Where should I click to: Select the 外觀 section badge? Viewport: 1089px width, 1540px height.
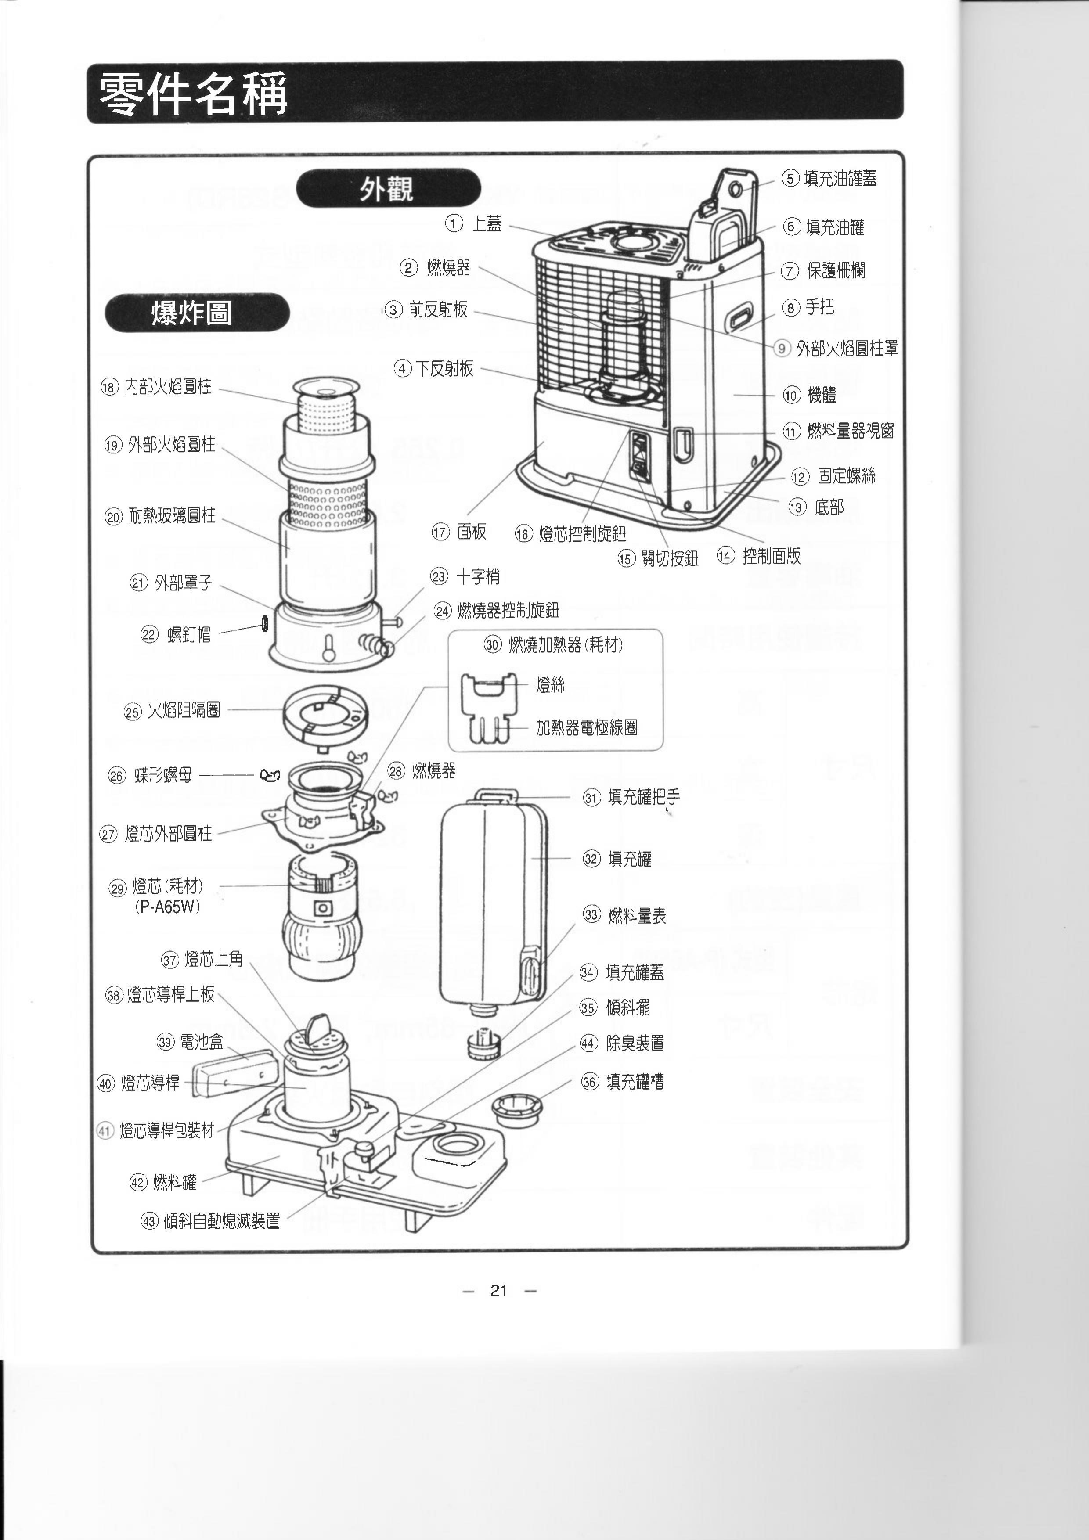point(388,188)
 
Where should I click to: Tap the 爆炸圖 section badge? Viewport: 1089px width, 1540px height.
point(197,313)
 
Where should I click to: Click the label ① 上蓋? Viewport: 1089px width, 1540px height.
point(474,223)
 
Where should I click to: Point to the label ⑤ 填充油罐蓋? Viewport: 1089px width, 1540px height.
point(830,178)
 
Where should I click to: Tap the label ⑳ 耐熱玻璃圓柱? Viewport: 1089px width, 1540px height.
point(160,516)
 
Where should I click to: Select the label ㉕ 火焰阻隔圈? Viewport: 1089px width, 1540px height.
point(173,710)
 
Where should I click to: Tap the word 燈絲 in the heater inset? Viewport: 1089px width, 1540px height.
point(550,685)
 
